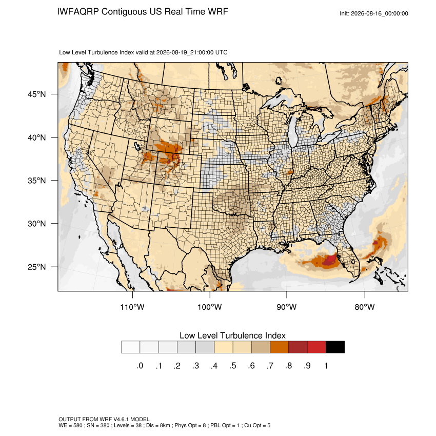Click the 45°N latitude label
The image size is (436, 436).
(x=37, y=94)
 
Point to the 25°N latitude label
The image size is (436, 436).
(x=37, y=267)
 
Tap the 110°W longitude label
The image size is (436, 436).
(x=132, y=307)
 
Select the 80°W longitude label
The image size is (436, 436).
(x=365, y=307)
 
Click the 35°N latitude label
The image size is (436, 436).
(x=37, y=181)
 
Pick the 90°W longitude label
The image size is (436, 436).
(x=286, y=307)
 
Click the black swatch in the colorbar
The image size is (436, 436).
(x=335, y=347)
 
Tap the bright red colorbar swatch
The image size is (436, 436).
(x=316, y=347)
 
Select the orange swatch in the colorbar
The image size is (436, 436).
(x=279, y=347)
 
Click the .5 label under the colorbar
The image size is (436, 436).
(x=233, y=366)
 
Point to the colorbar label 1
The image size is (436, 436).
(x=326, y=366)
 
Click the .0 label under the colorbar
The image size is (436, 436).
(x=140, y=366)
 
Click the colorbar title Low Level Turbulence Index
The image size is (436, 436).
(x=232, y=335)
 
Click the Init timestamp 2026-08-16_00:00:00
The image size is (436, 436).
(x=380, y=14)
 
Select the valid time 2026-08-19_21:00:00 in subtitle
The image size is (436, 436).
(x=185, y=52)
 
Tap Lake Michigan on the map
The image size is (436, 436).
(x=292, y=131)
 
